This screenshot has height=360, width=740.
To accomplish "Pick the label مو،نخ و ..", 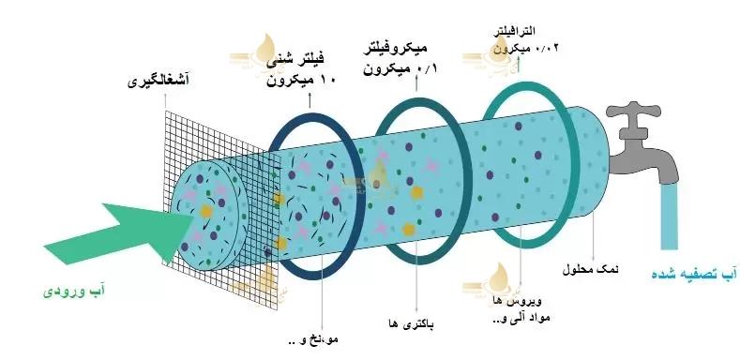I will coord(315,338).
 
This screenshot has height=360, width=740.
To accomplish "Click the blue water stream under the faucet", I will coord(671,220).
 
